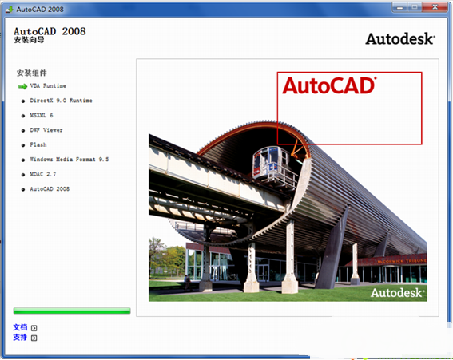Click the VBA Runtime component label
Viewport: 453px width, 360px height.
click(x=48, y=85)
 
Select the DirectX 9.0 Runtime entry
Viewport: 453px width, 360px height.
click(x=61, y=101)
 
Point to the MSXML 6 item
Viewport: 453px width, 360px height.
click(x=42, y=115)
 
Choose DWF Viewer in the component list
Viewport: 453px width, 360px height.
click(x=46, y=130)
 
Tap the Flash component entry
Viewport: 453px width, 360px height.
click(x=38, y=144)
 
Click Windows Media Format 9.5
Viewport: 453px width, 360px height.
click(x=69, y=160)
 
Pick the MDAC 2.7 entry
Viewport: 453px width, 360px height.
click(x=43, y=174)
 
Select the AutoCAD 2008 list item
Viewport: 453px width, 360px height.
click(x=50, y=189)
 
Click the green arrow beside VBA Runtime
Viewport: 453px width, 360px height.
click(x=22, y=85)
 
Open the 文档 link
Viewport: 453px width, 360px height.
click(x=21, y=327)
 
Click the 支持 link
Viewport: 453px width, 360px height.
click(x=21, y=338)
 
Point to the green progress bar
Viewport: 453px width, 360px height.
click(x=71, y=311)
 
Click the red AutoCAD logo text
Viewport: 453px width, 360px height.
click(x=328, y=86)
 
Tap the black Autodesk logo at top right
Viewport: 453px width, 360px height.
click(x=400, y=38)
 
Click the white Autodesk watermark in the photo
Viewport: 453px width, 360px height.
click(x=397, y=293)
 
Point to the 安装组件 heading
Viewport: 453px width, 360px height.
click(x=32, y=72)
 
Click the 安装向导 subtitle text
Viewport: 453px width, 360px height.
click(x=30, y=39)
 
